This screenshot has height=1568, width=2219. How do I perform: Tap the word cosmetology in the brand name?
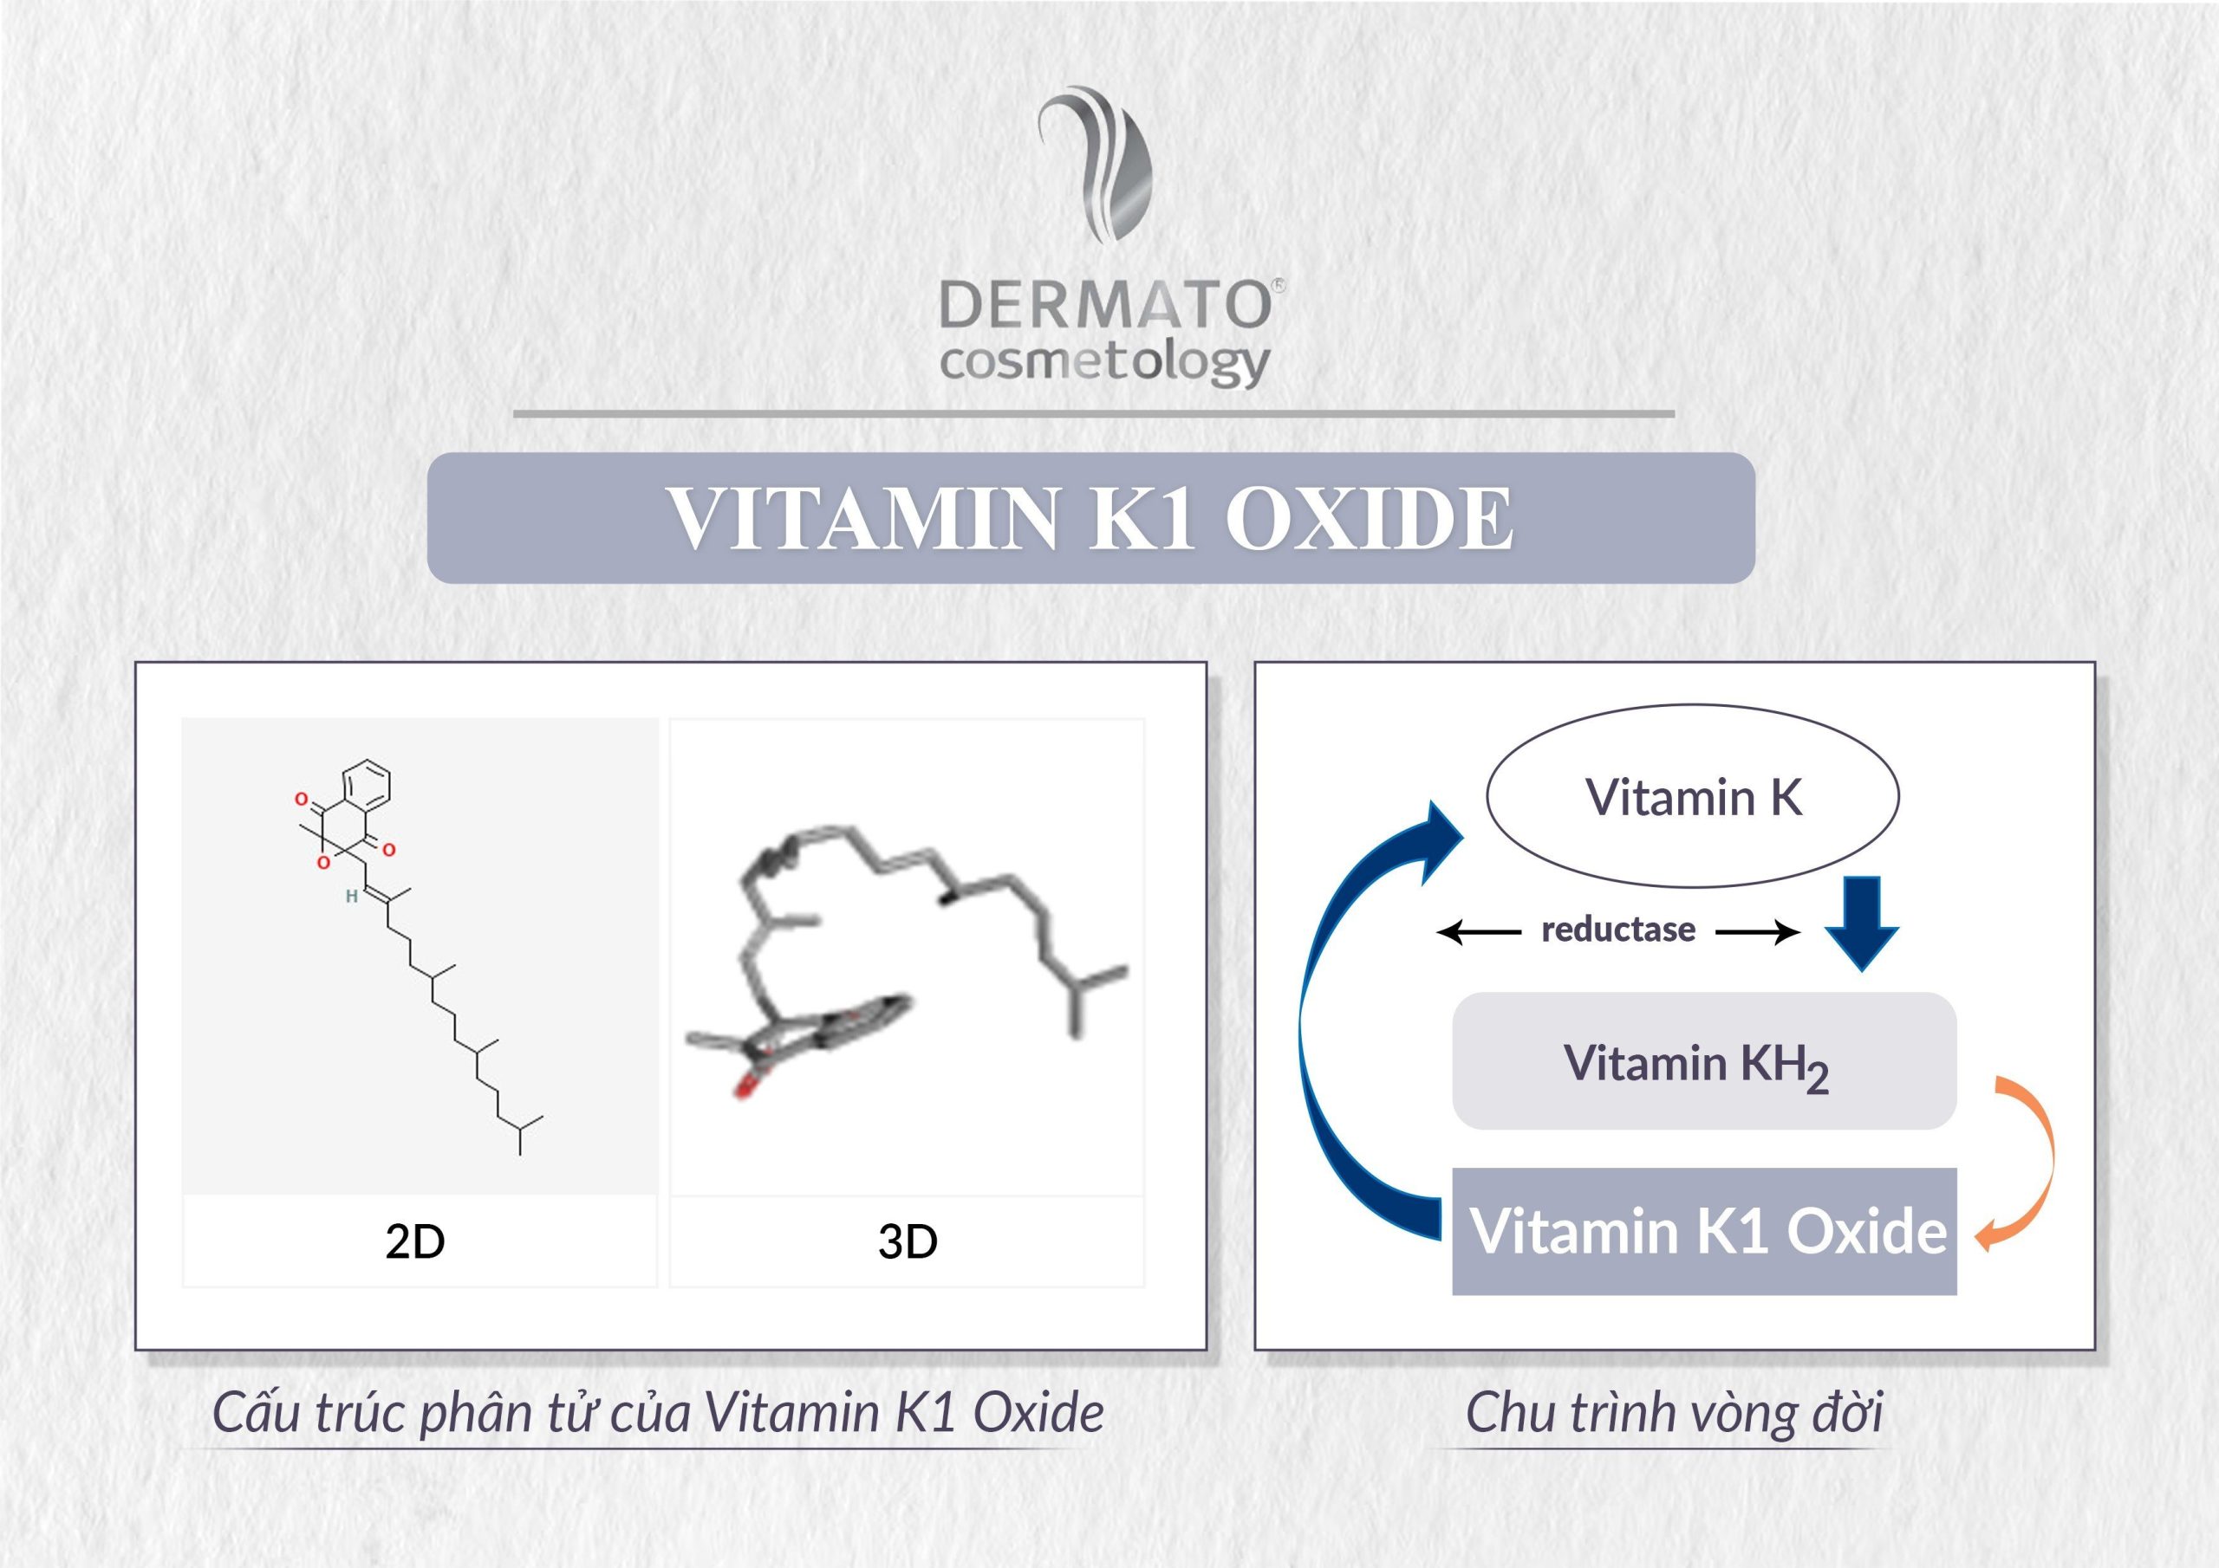1103,364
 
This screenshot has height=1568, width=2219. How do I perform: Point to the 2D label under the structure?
414,1241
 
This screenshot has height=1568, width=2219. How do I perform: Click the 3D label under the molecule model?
908,1241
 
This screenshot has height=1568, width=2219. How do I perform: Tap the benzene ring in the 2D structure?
367,785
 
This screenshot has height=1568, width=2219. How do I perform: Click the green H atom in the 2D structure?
352,897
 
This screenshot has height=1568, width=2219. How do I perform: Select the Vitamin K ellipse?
1692,796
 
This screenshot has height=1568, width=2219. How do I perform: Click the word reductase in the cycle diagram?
1617,930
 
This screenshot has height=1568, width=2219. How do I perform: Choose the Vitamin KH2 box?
1704,1061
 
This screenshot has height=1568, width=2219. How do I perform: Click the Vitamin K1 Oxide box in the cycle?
1704,1231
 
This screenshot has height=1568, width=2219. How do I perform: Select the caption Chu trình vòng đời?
1674,1412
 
